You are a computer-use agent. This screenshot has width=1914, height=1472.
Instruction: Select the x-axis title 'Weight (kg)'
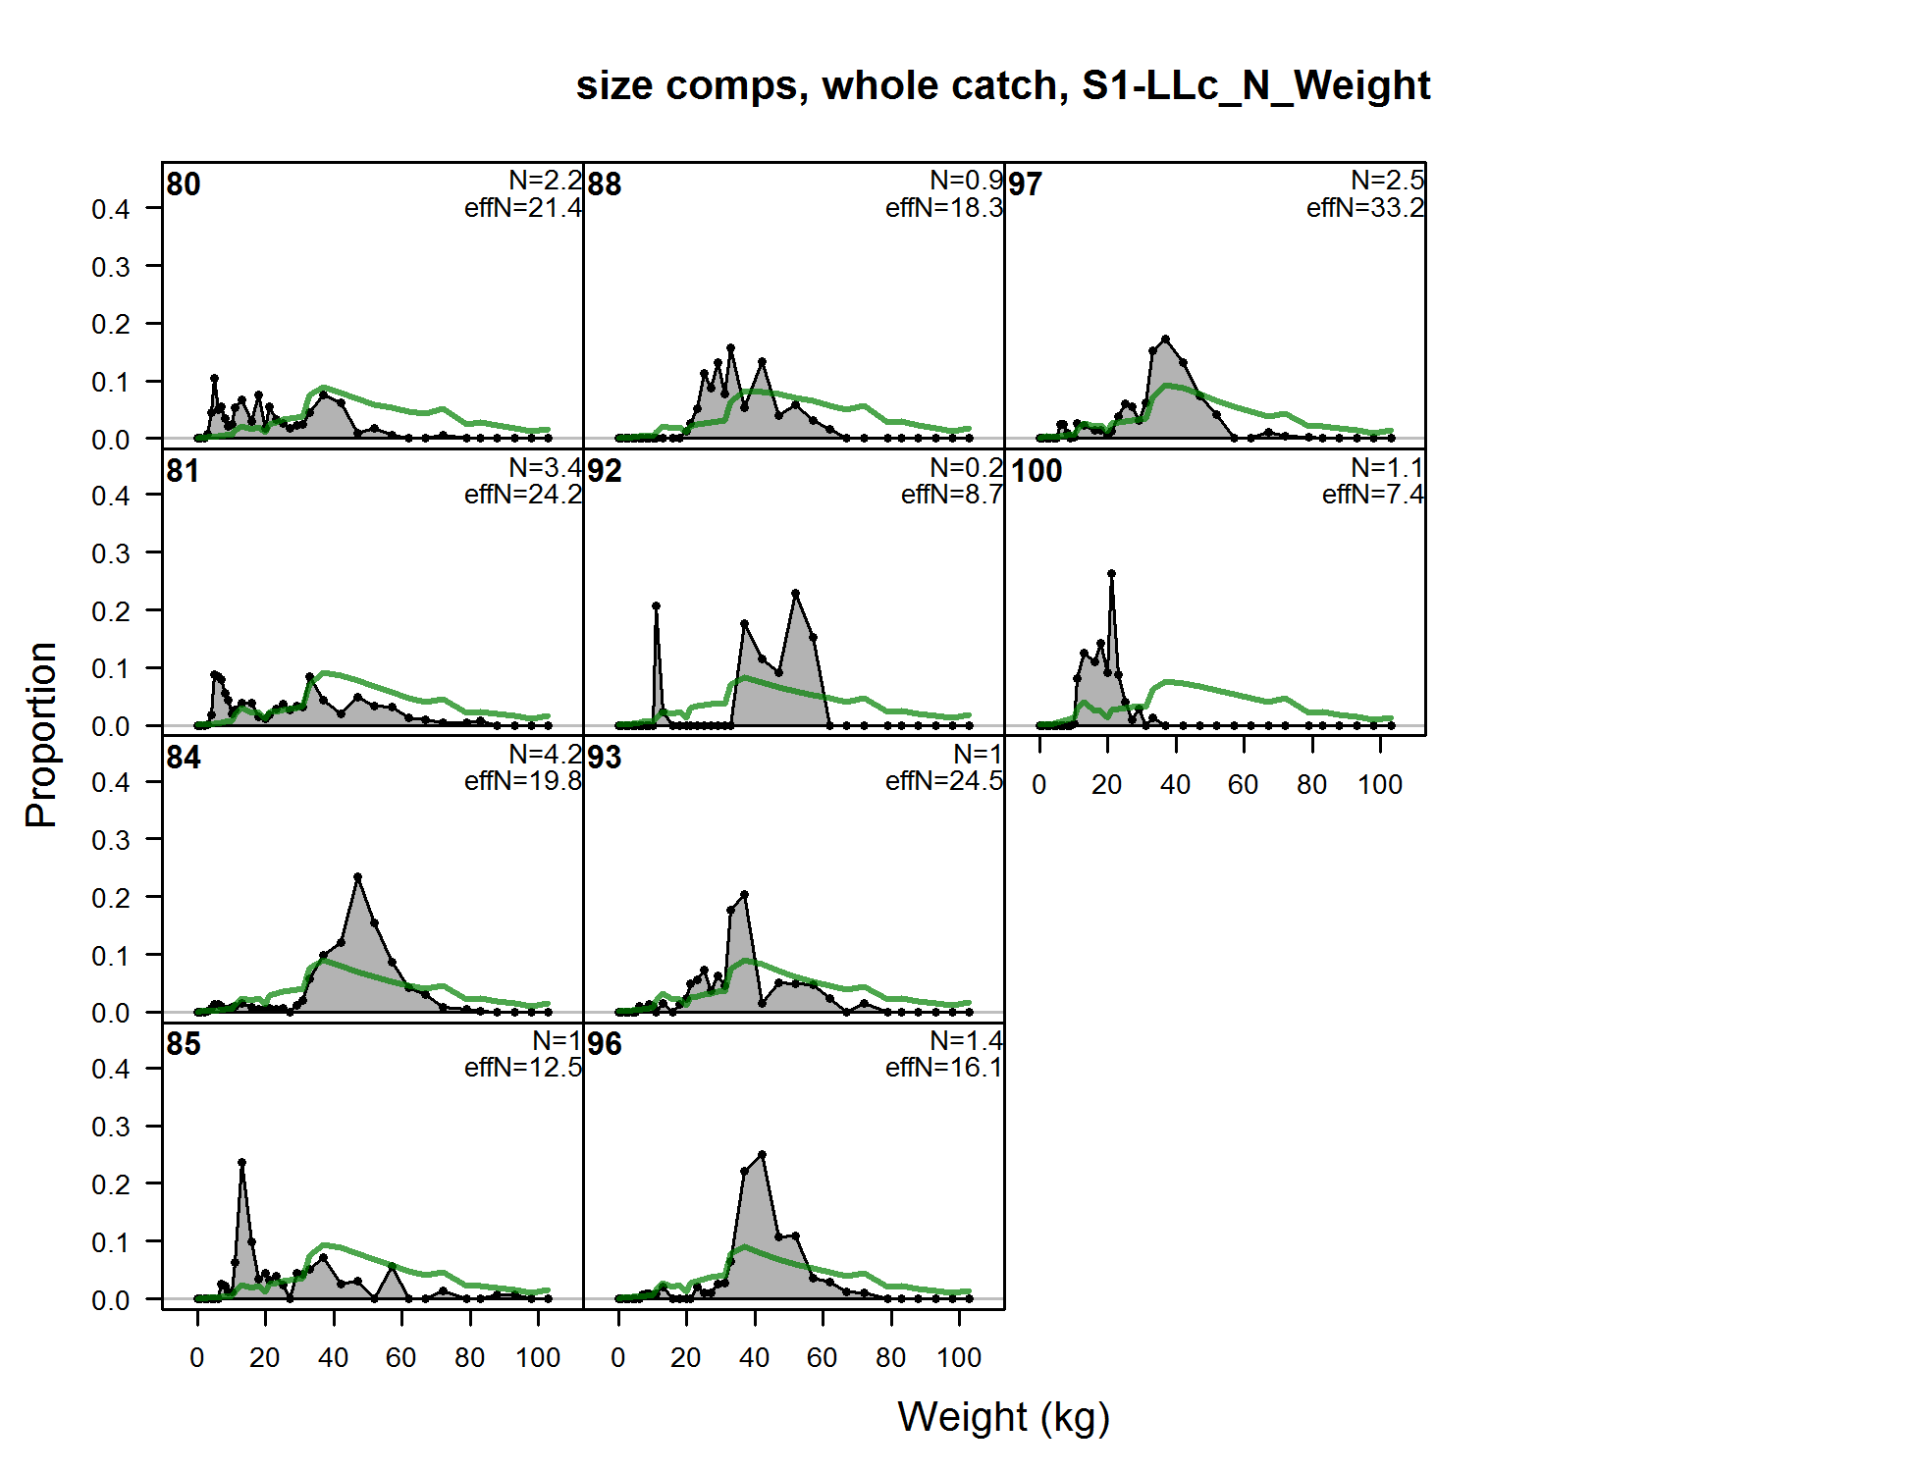(1003, 1417)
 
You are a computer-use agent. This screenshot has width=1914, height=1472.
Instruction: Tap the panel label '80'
(184, 184)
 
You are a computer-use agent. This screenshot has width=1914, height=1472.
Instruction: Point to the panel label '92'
(605, 471)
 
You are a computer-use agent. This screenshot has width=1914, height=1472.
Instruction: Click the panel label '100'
(1037, 471)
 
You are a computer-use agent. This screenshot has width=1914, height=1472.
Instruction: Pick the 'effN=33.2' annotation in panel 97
(1364, 208)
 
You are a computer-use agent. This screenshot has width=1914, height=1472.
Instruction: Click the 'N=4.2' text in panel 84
(545, 754)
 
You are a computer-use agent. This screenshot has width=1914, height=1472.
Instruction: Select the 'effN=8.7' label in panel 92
(951, 495)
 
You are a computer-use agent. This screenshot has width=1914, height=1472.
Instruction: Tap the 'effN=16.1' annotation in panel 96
(943, 1068)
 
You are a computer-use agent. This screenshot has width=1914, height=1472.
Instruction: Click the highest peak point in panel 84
(357, 877)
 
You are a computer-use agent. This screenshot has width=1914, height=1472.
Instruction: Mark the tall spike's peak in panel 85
(241, 1163)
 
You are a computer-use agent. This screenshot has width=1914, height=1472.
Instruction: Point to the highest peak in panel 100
(1111, 573)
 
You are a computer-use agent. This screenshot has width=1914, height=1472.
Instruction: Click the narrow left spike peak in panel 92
(656, 606)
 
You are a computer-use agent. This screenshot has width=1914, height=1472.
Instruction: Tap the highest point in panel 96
(762, 1155)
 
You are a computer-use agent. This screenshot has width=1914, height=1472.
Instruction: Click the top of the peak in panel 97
(1165, 340)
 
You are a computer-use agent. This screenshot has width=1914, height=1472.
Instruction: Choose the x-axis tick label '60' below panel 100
(1243, 785)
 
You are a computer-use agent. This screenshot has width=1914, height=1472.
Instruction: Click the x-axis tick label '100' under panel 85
(537, 1358)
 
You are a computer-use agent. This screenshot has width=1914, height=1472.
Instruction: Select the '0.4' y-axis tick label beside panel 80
(110, 209)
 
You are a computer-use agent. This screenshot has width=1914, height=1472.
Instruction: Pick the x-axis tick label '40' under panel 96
(754, 1358)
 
